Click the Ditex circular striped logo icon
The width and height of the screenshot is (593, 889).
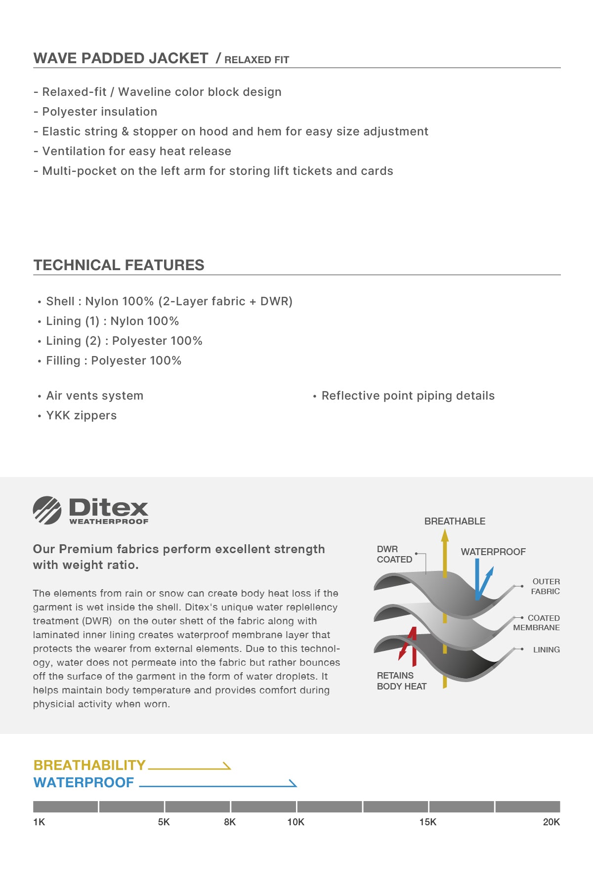click(x=47, y=510)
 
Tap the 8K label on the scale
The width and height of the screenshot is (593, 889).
click(x=230, y=822)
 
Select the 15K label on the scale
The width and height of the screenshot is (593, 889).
click(x=428, y=822)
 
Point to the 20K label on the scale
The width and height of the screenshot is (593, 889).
click(x=551, y=822)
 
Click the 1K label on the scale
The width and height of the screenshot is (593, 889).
click(x=39, y=822)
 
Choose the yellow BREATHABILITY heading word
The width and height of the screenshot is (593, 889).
click(x=89, y=765)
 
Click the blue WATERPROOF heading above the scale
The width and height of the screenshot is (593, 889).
click(x=84, y=782)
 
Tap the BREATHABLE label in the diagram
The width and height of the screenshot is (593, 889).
click(x=455, y=521)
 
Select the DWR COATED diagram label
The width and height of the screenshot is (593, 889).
click(x=394, y=554)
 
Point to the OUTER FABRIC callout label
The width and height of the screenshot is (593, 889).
click(x=546, y=586)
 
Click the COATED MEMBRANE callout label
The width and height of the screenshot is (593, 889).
click(x=537, y=623)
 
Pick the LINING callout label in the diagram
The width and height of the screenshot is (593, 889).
click(x=546, y=649)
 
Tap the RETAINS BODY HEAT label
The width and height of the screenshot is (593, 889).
click(x=401, y=681)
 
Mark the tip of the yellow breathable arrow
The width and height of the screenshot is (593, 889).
click(x=445, y=531)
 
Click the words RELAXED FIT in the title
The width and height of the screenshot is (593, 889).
click(x=256, y=60)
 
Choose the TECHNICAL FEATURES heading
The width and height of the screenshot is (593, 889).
click(x=119, y=265)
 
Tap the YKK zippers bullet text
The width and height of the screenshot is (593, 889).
click(x=81, y=415)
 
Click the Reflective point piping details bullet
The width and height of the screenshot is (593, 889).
click(x=408, y=396)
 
